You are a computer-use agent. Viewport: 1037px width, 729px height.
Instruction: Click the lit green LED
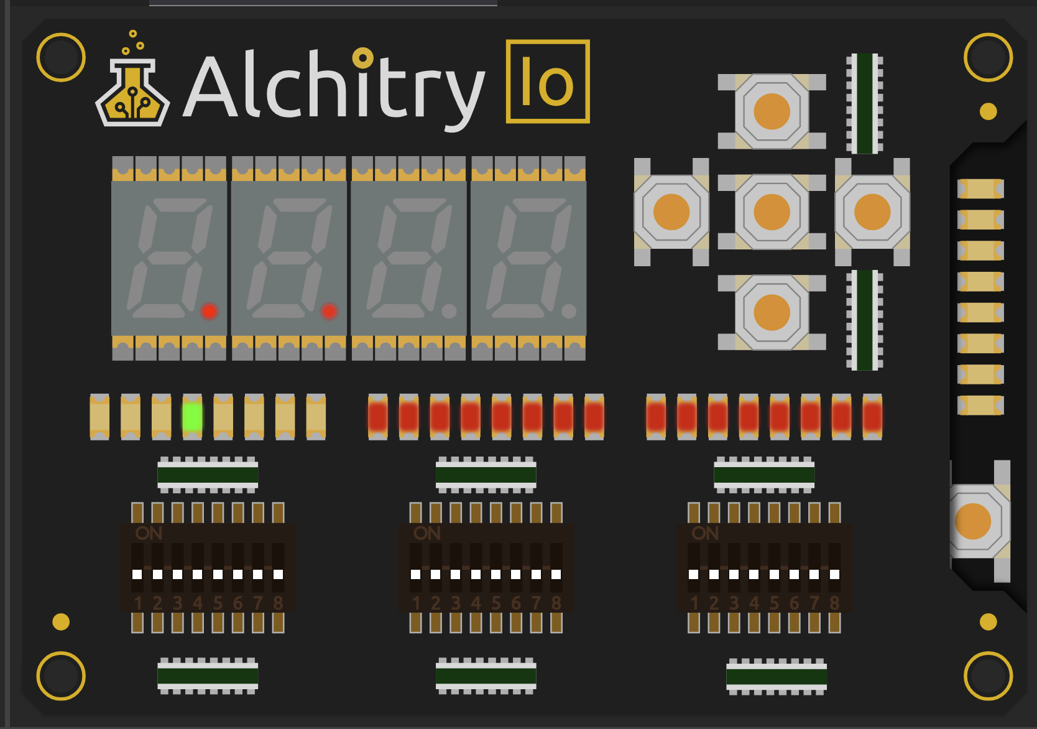point(192,416)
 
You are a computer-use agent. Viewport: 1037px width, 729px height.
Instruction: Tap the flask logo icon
point(132,93)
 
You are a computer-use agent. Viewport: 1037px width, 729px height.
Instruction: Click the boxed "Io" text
point(548,81)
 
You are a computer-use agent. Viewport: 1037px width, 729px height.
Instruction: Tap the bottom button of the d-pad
point(772,312)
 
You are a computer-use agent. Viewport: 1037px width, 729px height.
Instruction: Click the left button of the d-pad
point(671,211)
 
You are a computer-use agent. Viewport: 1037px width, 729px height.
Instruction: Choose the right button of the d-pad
point(872,211)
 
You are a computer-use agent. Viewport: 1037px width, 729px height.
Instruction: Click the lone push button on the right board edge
point(973,521)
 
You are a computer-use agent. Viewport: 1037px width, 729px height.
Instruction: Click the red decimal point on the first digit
point(209,311)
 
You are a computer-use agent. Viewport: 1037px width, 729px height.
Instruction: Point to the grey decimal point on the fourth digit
point(568,310)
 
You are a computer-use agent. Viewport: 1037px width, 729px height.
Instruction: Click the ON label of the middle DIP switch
point(427,533)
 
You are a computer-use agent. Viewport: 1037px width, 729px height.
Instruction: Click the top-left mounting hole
point(61,57)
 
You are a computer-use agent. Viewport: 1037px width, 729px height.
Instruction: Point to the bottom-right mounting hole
point(988,676)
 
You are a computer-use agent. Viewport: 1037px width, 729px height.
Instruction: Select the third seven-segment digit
point(408,258)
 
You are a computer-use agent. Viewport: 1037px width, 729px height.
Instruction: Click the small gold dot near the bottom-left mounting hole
point(61,621)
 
